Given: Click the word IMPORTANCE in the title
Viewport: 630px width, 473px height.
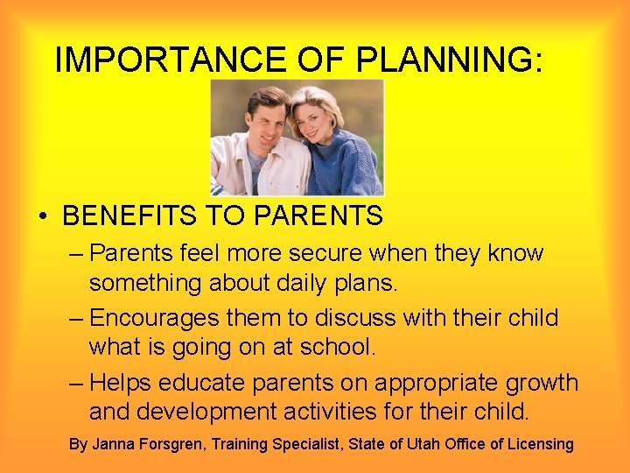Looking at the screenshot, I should [169, 60].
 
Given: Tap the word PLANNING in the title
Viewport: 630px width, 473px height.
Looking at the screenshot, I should [446, 60].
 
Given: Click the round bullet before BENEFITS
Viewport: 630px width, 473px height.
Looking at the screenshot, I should [42, 216].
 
